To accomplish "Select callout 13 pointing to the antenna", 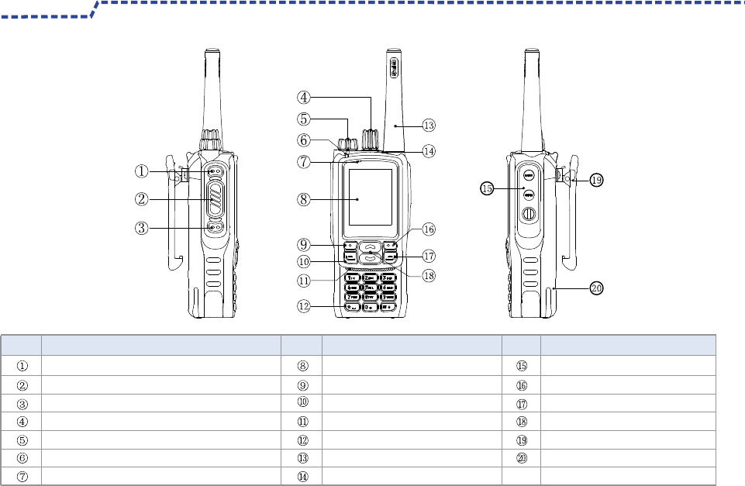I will [x=429, y=124].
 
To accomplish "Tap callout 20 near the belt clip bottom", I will [x=595, y=288].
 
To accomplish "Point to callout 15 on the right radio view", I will [x=487, y=188].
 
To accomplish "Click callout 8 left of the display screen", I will [x=304, y=198].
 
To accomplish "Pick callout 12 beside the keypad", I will [x=304, y=306].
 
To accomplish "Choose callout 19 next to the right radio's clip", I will [x=595, y=179].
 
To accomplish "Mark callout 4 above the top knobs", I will [x=304, y=98].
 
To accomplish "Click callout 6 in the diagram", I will [x=304, y=140].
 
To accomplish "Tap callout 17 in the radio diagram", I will [x=429, y=255].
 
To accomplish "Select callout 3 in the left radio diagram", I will [x=141, y=228].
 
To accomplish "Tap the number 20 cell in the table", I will [x=521, y=458].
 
